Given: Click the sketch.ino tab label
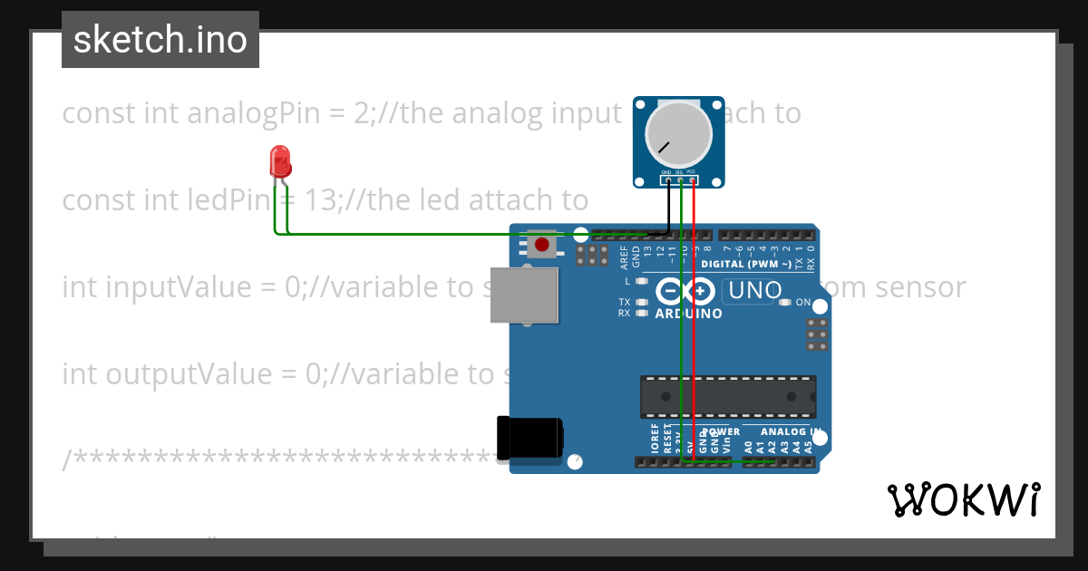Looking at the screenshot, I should [x=160, y=40].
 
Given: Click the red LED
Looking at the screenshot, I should [x=280, y=163].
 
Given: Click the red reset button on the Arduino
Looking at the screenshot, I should [x=542, y=244].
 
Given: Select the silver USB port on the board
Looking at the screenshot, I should [x=524, y=295].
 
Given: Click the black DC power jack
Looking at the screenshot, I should [x=530, y=440].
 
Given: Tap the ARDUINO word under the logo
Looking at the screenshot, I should [x=688, y=314].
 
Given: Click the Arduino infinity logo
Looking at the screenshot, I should [x=686, y=292].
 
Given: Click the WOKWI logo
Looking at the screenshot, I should [x=963, y=499].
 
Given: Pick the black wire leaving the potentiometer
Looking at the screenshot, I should [x=669, y=208].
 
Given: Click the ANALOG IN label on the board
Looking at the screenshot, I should [x=791, y=432].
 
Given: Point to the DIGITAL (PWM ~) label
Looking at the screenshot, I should [x=745, y=264].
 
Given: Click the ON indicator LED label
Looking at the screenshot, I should [x=803, y=302].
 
